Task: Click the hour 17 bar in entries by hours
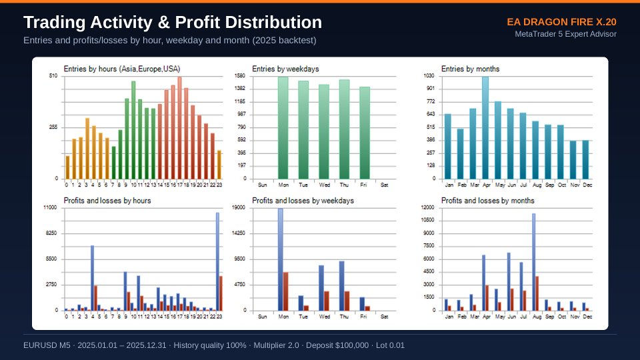pos(179,128)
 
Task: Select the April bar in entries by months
pos(485,128)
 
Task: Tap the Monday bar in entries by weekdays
pos(283,128)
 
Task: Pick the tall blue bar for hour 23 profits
pos(217,261)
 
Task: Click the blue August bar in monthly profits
pos(533,262)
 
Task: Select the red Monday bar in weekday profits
pos(286,291)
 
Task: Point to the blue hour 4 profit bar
pos(92,278)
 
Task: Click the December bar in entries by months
pos(586,159)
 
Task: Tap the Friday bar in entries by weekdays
pos(365,133)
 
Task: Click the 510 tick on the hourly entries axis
pos(53,76)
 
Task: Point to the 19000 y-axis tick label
pos(239,208)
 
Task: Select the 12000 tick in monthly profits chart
pos(428,208)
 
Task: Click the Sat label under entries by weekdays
pos(384,185)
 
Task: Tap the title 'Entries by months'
pos(470,69)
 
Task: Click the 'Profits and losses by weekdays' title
pos(303,201)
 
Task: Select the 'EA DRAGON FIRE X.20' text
pos(561,22)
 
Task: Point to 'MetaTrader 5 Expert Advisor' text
pos(566,34)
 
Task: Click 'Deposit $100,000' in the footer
pos(337,345)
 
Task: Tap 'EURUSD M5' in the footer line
pos(47,345)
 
